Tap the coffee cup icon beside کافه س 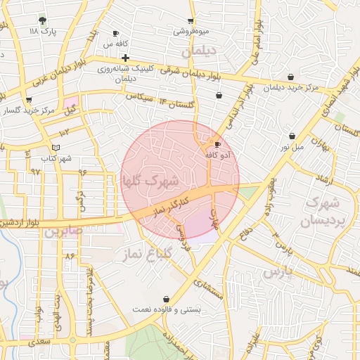(116, 33)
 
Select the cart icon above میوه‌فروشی (191, 21)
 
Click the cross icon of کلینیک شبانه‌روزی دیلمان (125, 57)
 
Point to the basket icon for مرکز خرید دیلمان (290, 77)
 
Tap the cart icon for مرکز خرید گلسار (28, 100)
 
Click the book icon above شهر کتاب (56, 147)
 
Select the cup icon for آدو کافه (217, 143)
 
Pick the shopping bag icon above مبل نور (292, 136)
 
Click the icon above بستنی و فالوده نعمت (166, 299)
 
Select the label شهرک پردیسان (325, 211)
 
